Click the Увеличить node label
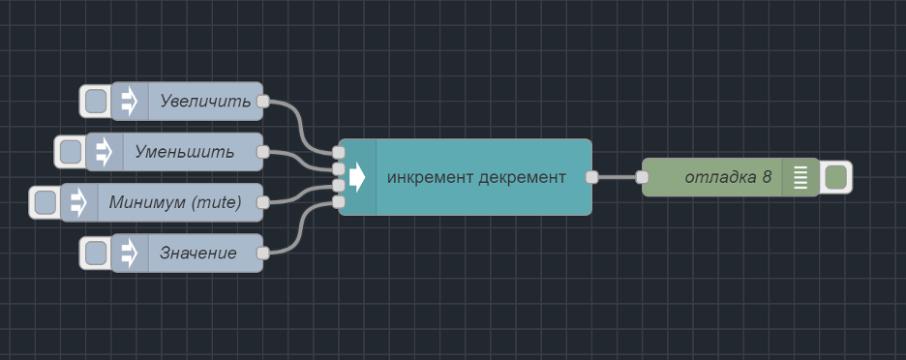(x=205, y=101)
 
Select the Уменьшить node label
(x=185, y=152)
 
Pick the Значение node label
(x=198, y=254)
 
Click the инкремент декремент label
(x=476, y=177)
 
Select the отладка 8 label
(x=728, y=177)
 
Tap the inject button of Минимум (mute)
(x=45, y=202)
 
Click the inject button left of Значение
(x=95, y=254)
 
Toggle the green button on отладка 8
(x=836, y=177)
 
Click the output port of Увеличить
(x=262, y=101)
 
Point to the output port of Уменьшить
(x=262, y=152)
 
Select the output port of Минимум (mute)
(x=262, y=202)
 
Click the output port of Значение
(x=262, y=254)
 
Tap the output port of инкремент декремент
(x=591, y=177)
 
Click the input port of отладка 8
(x=642, y=177)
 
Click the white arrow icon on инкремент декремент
(x=357, y=177)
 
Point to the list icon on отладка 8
(x=800, y=177)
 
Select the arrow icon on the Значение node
(x=130, y=254)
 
